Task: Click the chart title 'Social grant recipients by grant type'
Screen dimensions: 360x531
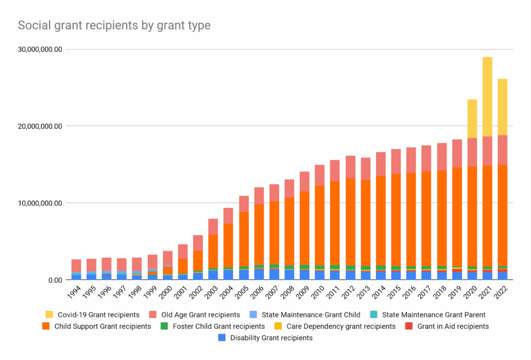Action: coord(114,25)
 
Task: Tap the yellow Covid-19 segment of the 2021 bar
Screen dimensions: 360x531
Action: coord(487,96)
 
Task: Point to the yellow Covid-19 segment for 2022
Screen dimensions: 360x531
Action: coord(502,107)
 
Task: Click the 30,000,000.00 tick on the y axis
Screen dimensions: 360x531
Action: coord(39,50)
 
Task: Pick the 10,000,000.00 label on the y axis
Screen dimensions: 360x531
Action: coord(39,203)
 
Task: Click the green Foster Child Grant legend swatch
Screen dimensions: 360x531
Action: coord(164,326)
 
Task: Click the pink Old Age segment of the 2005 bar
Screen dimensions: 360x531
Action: coord(244,204)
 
